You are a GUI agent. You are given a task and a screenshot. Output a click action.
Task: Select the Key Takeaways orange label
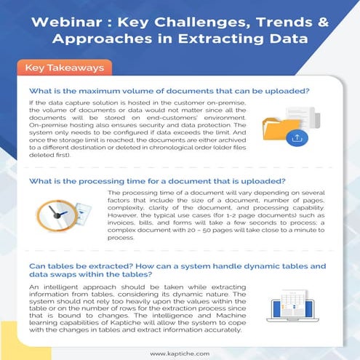(61, 68)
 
